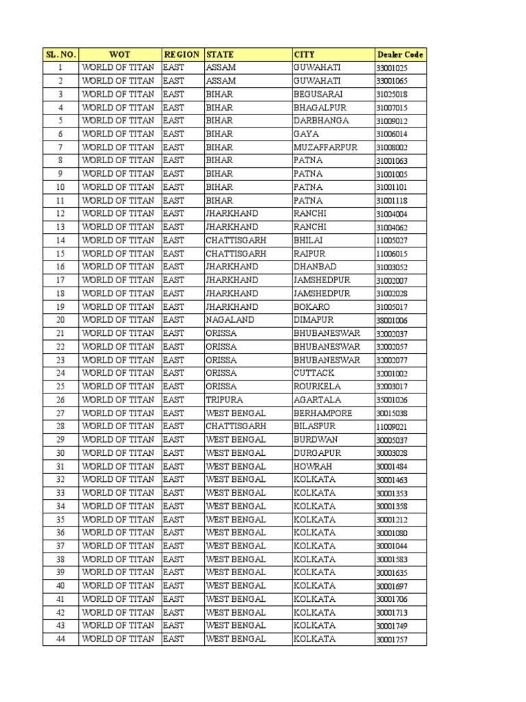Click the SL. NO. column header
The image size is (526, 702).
coord(60,54)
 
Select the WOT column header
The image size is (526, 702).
coord(120,54)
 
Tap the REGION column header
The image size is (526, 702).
coord(182,54)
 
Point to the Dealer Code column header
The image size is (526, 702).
coord(399,54)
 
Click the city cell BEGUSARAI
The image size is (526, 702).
coord(318,94)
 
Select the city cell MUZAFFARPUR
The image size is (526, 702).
coord(325,147)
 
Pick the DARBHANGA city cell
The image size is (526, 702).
coord(321,121)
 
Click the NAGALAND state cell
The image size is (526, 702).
coord(229,320)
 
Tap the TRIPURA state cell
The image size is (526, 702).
coord(224,400)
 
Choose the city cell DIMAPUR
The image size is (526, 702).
coord(314,320)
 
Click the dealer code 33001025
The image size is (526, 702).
coord(392,68)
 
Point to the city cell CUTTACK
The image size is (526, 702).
coord(314,373)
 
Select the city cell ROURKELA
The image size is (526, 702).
coord(316,387)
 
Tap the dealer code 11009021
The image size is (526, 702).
coord(392,426)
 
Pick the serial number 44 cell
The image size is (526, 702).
coord(60,639)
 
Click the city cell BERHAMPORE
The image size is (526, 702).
coord(323,413)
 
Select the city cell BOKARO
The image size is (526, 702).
coord(312,307)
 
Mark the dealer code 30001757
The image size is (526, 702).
coord(392,640)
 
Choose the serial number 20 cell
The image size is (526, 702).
coord(60,320)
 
